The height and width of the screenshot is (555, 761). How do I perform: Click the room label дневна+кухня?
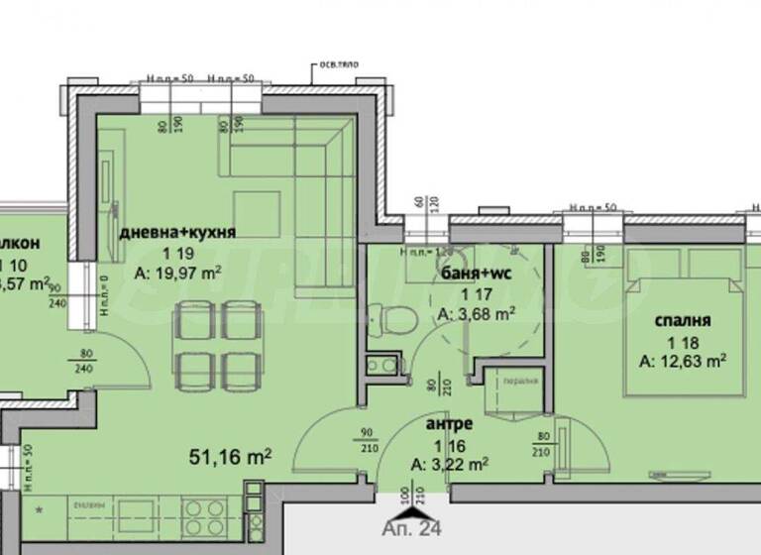click(x=177, y=233)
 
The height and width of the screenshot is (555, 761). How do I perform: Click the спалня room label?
click(x=684, y=321)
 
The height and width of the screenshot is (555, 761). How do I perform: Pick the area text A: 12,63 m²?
click(x=684, y=361)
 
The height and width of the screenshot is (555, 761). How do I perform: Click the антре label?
click(x=449, y=423)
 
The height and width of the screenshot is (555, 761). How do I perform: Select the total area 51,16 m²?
click(x=231, y=457)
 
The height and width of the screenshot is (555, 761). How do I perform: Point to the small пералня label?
click(x=520, y=381)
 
